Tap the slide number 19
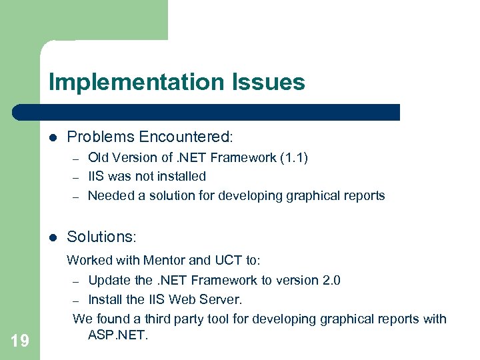20,341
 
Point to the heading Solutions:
101,237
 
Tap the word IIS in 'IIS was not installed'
97,176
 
